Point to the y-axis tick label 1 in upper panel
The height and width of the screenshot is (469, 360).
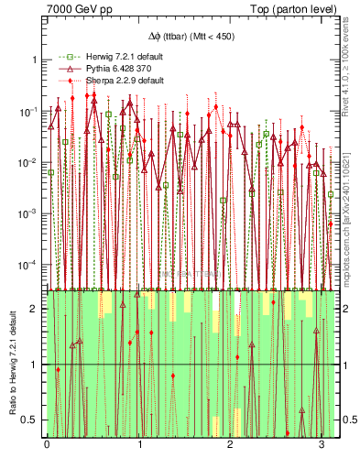coord(36,60)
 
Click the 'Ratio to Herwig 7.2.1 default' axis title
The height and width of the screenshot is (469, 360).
coord(12,362)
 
